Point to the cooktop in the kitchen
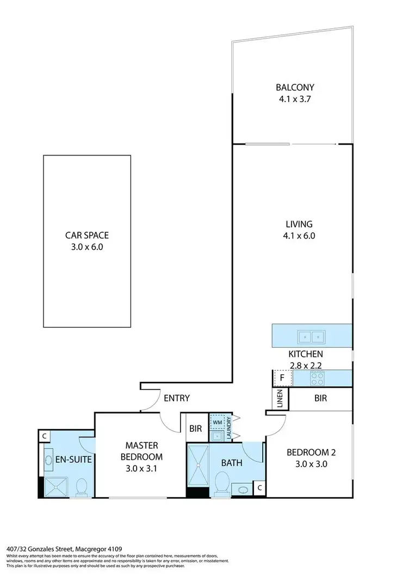pos(317,377)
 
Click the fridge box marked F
pos(282,377)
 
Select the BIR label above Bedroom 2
pos(320,399)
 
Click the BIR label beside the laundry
pos(196,429)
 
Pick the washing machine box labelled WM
pos(217,422)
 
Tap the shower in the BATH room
pos(197,465)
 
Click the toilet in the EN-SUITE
pos(82,487)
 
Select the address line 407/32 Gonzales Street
pos(54,549)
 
